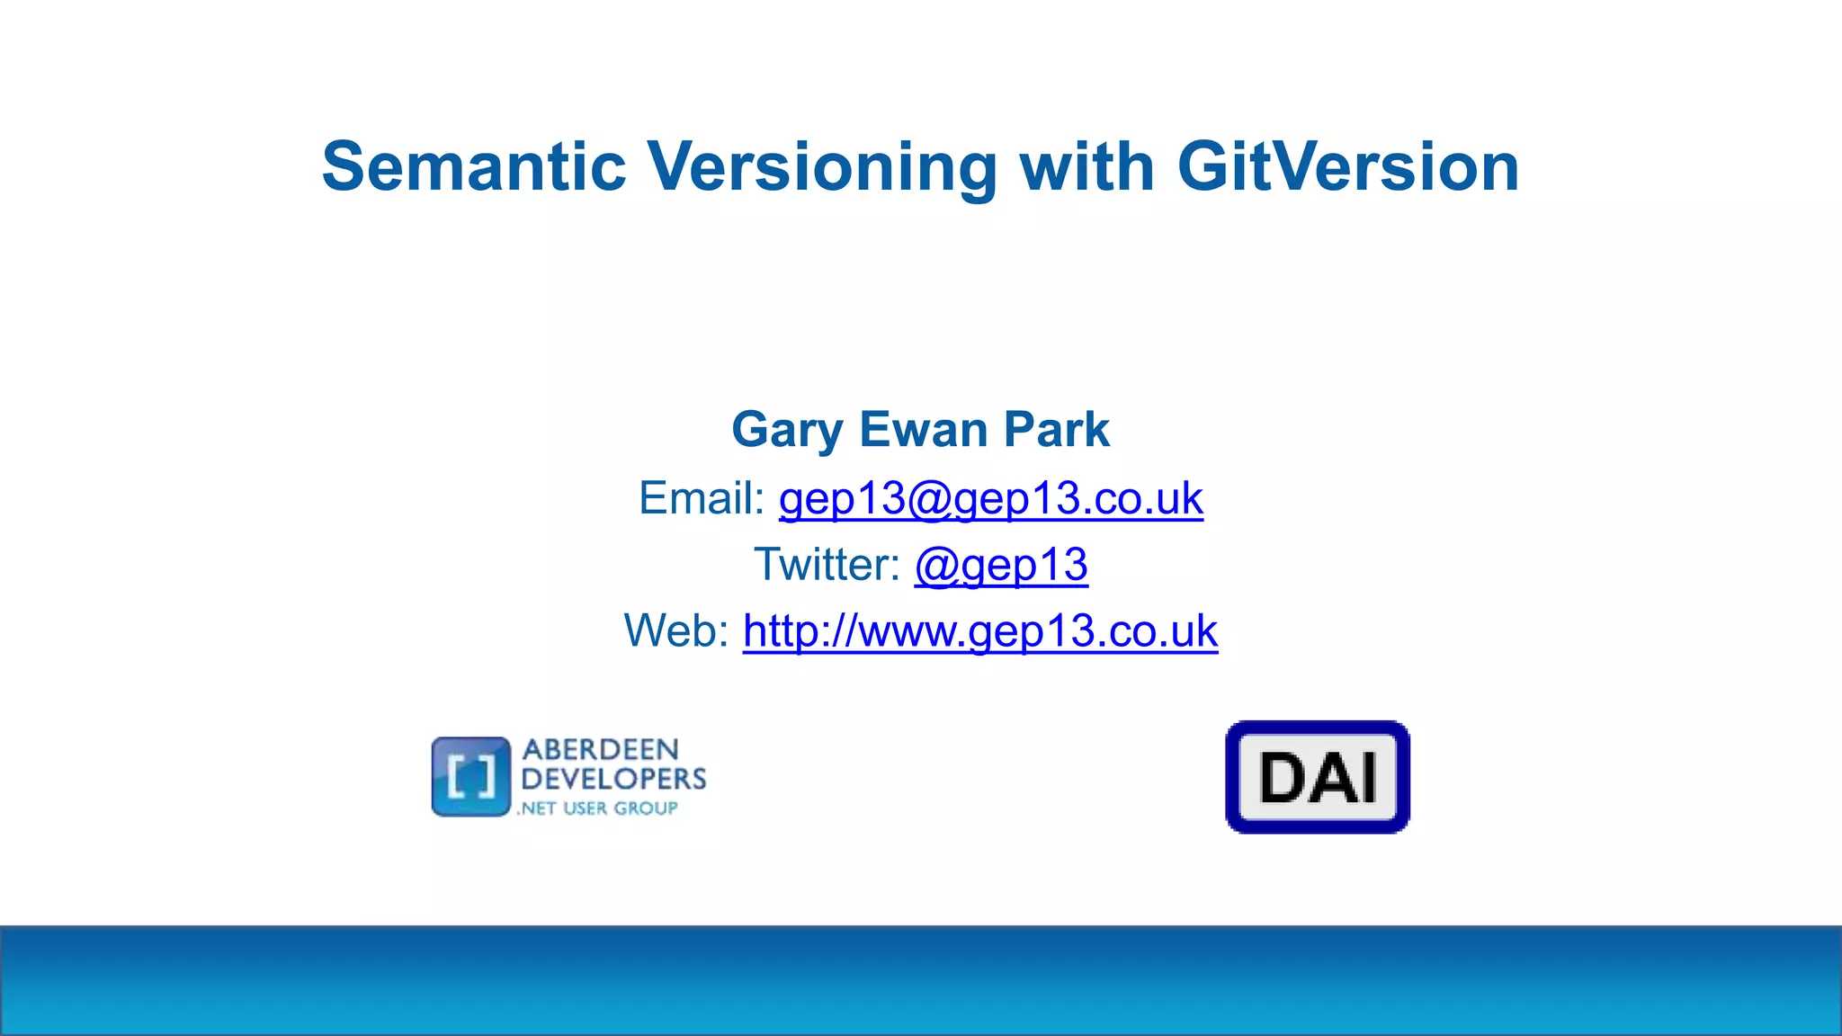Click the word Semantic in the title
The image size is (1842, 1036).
[x=474, y=167]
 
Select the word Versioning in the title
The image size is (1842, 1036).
[x=822, y=167]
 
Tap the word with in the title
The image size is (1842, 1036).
[x=1086, y=167]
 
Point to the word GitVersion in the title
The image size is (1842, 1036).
[x=1348, y=167]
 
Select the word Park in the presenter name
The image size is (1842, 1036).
[x=1057, y=430]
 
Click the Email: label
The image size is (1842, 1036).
[x=702, y=498]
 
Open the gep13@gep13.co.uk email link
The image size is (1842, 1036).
[x=990, y=499]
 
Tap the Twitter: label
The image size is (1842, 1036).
[x=827, y=565]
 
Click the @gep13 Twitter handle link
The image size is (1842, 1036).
[x=1001, y=566]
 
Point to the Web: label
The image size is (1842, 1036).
[x=676, y=630]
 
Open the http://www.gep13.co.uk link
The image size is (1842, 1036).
[x=979, y=631]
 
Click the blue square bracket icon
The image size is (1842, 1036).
[x=471, y=777]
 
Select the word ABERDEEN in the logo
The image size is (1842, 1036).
[x=601, y=750]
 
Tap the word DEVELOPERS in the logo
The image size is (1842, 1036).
[x=613, y=779]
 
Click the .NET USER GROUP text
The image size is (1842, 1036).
[x=598, y=808]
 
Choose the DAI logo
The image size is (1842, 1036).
[x=1318, y=777]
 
